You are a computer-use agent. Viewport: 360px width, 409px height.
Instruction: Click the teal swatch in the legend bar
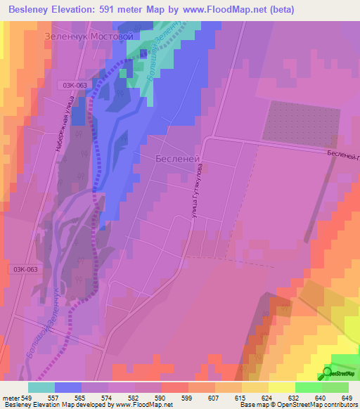(41, 387)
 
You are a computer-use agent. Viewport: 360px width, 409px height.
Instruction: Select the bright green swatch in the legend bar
(309, 387)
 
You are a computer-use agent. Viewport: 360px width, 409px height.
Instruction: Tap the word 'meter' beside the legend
(11, 397)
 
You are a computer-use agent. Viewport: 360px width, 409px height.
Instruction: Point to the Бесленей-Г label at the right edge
(342, 155)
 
